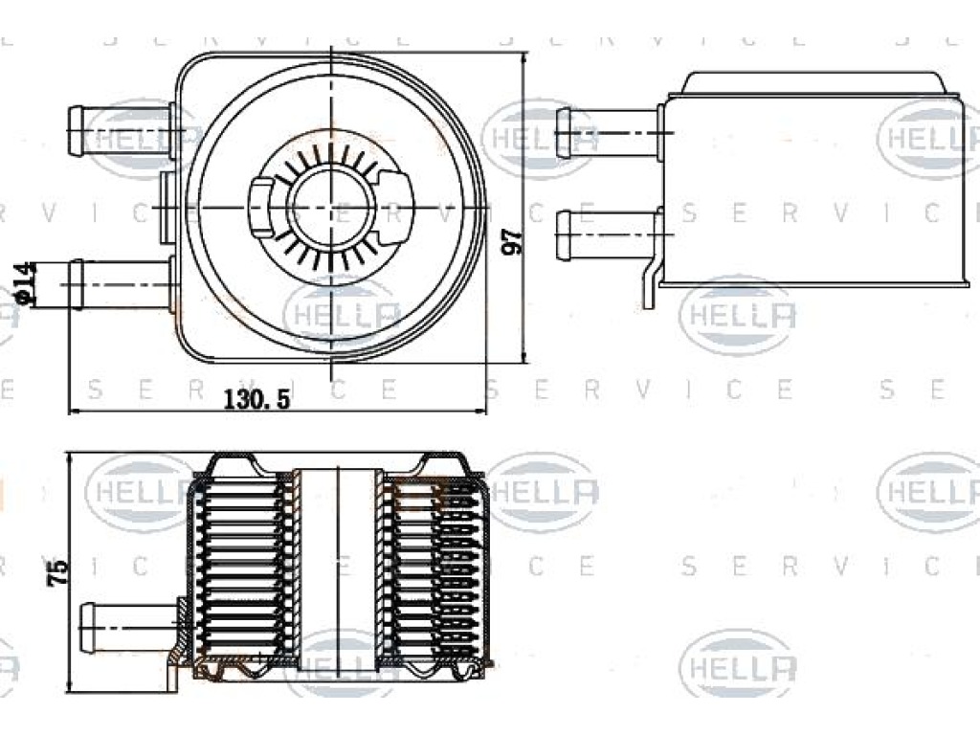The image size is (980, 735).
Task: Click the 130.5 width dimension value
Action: (256, 398)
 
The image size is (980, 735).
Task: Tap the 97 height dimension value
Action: (513, 242)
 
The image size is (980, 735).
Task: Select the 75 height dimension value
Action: (57, 572)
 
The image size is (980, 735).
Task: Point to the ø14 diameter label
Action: (26, 282)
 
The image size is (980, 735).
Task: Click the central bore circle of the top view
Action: (331, 207)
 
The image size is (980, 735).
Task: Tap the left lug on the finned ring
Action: (261, 207)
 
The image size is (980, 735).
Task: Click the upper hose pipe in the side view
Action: (608, 133)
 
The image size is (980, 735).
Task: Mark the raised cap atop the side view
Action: (813, 83)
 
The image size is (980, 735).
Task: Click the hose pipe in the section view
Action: (132, 628)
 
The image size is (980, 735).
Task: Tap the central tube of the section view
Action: (338, 568)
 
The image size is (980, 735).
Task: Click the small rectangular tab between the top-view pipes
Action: (167, 207)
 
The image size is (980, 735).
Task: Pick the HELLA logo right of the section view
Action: (544, 491)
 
